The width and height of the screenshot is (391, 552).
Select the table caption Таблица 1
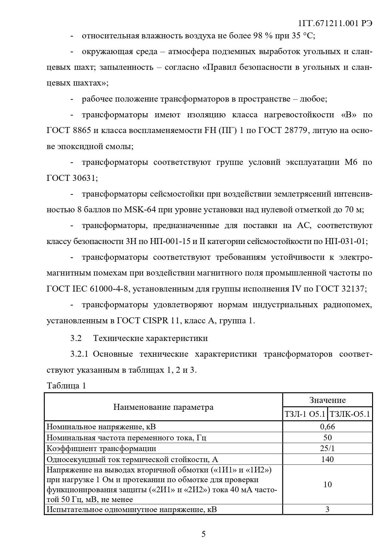pos(66,386)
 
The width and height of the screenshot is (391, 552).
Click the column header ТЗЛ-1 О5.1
pos(305,414)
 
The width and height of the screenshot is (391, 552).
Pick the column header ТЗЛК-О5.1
pos(350,414)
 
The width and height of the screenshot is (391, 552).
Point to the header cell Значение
pos(327,400)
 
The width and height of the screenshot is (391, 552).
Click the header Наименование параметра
pos(163,407)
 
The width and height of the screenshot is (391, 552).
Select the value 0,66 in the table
pos(327,427)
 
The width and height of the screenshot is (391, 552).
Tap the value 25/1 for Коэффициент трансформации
pos(327,449)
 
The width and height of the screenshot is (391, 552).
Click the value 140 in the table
pos(327,459)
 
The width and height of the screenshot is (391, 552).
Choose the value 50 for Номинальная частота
pos(327,438)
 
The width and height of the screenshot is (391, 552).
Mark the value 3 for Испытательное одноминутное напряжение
pos(327,509)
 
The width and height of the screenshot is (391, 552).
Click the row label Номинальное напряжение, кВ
pos(101,427)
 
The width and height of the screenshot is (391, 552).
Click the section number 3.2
pos(76,338)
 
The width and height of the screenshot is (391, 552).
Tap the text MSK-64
pos(140,209)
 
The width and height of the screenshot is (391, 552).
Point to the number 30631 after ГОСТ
pos(84,178)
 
